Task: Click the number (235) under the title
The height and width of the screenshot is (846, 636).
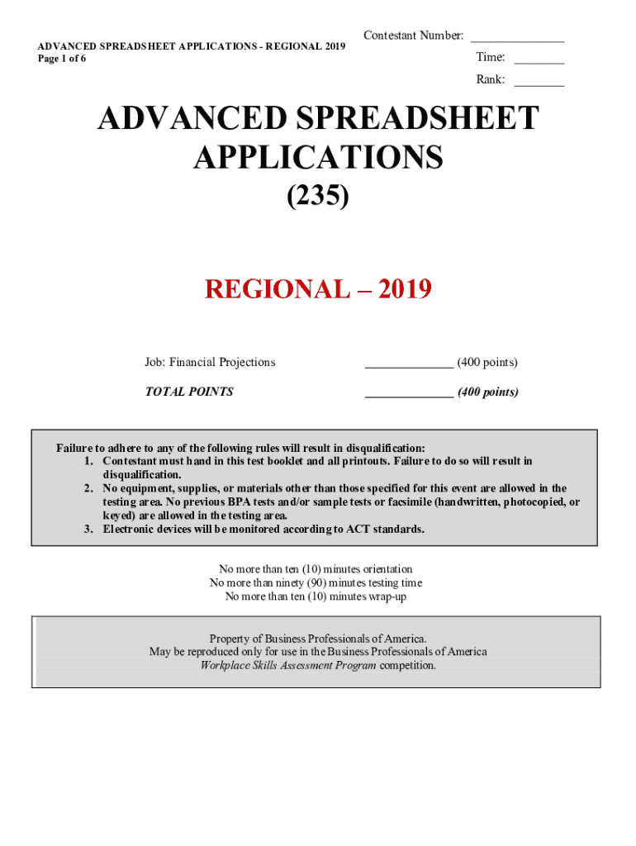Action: coord(318,197)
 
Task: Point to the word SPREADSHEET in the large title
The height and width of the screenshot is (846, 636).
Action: coord(408,119)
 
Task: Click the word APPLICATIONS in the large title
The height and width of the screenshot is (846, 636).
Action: coord(318,157)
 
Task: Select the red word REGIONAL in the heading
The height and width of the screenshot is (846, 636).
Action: coord(277,289)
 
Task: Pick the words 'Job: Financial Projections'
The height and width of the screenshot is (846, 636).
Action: coord(210,362)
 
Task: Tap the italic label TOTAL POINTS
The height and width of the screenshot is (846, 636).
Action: coord(189,392)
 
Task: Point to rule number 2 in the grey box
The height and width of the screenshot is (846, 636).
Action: coord(88,489)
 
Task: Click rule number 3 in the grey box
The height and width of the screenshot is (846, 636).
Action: coord(88,530)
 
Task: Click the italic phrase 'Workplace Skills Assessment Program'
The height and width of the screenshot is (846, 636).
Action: coord(287,665)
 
